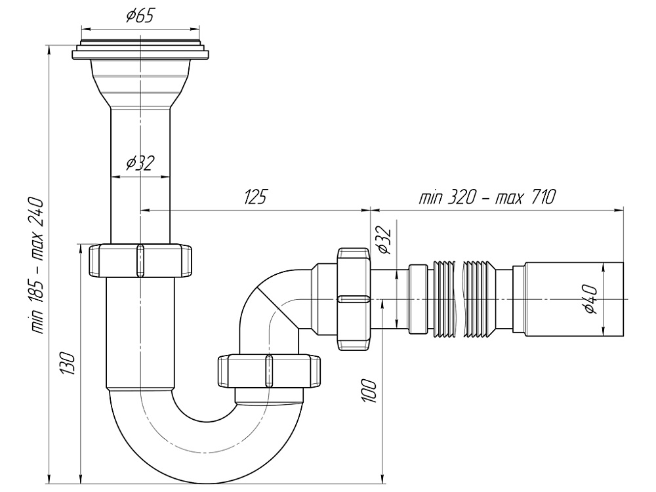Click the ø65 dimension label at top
(x=140, y=16)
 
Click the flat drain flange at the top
(x=140, y=52)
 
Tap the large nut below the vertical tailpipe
(x=140, y=261)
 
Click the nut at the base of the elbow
(x=269, y=372)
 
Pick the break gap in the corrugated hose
(x=458, y=299)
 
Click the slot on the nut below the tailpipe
(x=139, y=261)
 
